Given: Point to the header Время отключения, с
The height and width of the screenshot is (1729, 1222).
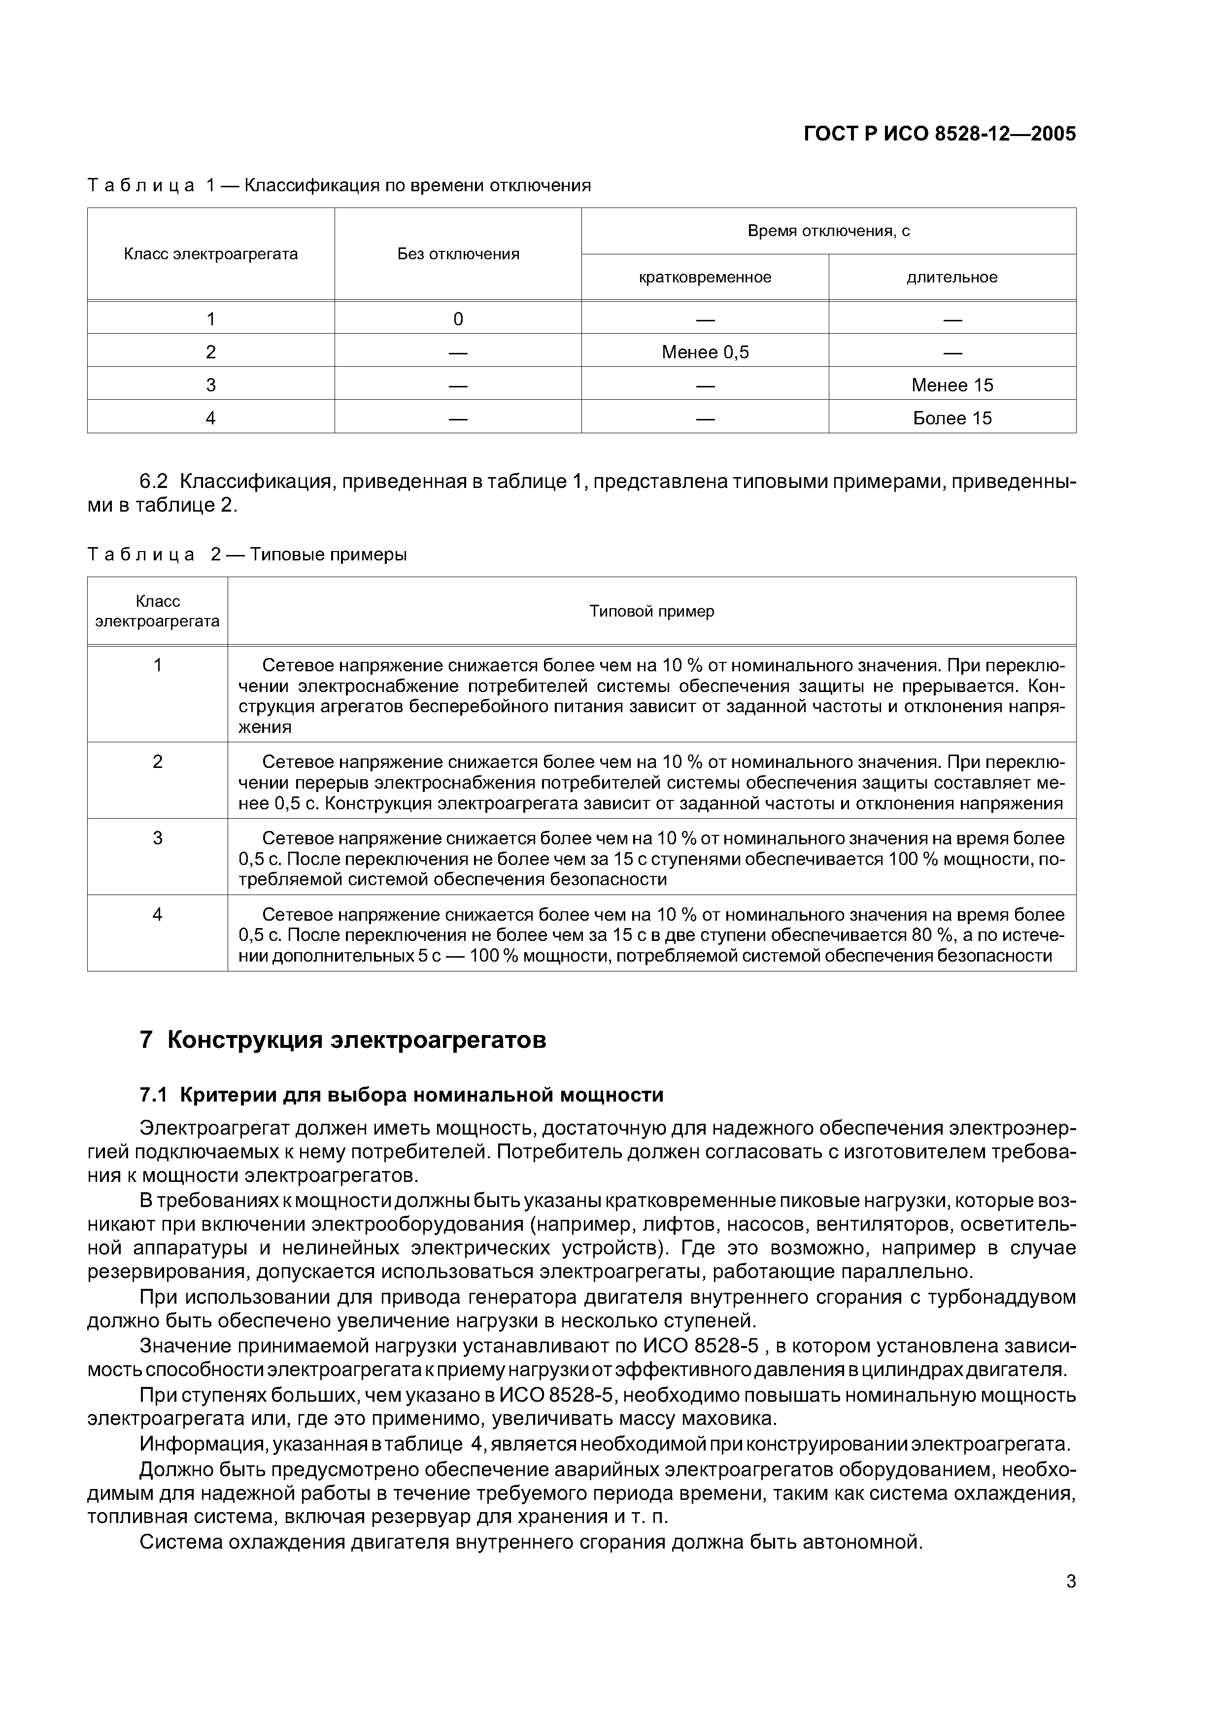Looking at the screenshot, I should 828,231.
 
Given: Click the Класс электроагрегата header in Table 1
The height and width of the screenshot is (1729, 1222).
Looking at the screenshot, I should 211,254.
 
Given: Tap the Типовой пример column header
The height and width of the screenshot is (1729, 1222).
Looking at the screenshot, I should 651,611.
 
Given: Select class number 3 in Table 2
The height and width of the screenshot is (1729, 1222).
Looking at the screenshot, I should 157,838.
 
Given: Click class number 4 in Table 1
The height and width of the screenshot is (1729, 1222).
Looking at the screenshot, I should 211,418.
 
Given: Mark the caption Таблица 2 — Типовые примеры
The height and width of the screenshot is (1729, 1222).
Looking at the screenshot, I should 247,554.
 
